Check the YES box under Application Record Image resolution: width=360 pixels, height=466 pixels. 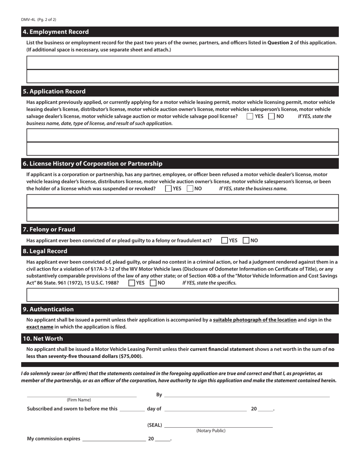[x=250, y=117]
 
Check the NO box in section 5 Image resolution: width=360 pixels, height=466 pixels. [x=271, y=117]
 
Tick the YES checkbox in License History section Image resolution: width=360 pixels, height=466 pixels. [x=168, y=189]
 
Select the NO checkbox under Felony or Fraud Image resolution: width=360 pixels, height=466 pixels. [x=246, y=241]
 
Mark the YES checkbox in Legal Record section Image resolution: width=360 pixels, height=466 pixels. [x=132, y=283]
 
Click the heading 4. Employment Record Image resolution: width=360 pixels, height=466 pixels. [x=56, y=32]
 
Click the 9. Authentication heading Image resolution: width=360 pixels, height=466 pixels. [x=48, y=309]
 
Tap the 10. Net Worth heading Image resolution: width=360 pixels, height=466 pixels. [x=43, y=339]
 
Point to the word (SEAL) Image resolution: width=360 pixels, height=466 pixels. [x=155, y=425]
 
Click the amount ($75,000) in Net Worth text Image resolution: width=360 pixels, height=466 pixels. [x=131, y=357]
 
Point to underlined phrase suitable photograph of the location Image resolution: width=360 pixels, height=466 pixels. [x=255, y=320]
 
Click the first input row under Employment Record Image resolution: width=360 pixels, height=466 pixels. [x=182, y=63]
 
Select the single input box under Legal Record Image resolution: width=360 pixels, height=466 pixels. [x=182, y=295]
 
